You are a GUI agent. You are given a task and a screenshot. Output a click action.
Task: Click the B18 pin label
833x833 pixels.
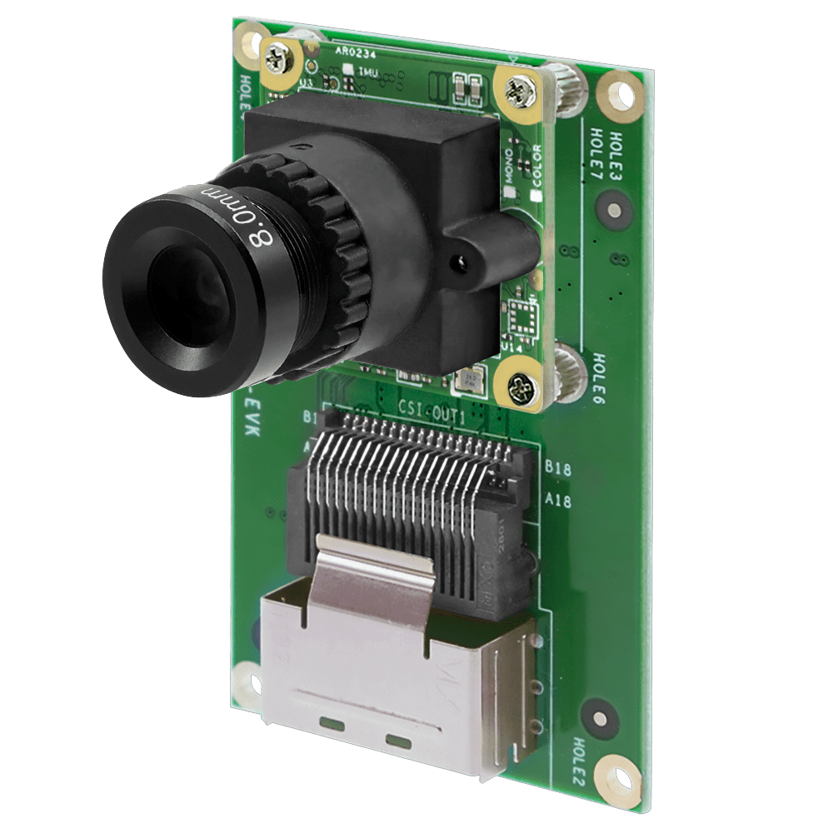point(557,470)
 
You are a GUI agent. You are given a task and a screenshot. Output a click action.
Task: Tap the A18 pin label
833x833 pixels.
point(557,500)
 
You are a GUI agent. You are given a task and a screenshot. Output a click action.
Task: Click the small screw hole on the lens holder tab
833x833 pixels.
point(456,264)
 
